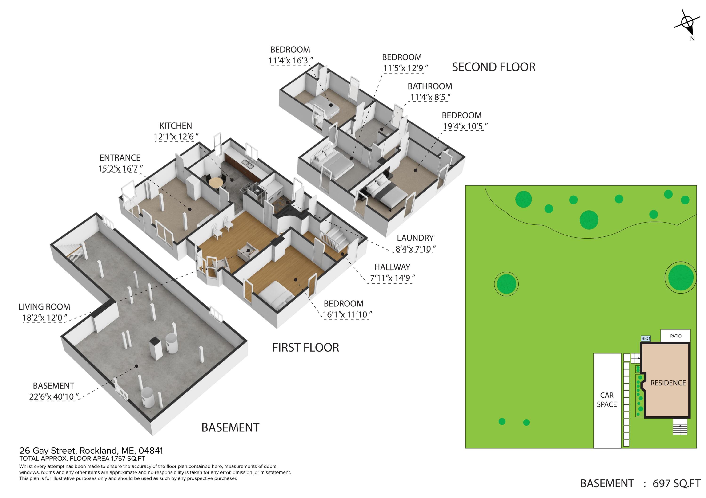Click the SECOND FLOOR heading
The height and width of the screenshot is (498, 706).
pyautogui.click(x=493, y=67)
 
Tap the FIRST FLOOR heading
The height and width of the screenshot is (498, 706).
pyautogui.click(x=306, y=348)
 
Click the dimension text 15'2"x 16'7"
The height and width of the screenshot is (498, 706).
pyautogui.click(x=120, y=169)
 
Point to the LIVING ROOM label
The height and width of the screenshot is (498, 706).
pyautogui.click(x=44, y=307)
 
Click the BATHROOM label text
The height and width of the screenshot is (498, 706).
pyautogui.click(x=430, y=86)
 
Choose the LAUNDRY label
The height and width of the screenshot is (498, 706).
pyautogui.click(x=415, y=238)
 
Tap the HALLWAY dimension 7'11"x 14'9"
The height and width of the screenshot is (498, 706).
pyautogui.click(x=392, y=278)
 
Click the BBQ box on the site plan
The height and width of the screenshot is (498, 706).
pyautogui.click(x=646, y=338)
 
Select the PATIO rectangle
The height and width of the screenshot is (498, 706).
pyautogui.click(x=676, y=336)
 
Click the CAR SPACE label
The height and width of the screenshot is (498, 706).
pyautogui.click(x=607, y=400)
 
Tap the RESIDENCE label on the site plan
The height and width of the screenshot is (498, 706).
pyautogui.click(x=668, y=383)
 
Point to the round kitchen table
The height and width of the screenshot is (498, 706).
pyautogui.click(x=216, y=182)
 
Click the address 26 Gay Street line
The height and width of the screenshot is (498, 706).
pyautogui.click(x=91, y=451)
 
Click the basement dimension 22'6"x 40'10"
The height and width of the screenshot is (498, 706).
pyautogui.click(x=54, y=397)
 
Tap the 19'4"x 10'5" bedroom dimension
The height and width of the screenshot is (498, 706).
pyautogui.click(x=465, y=126)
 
